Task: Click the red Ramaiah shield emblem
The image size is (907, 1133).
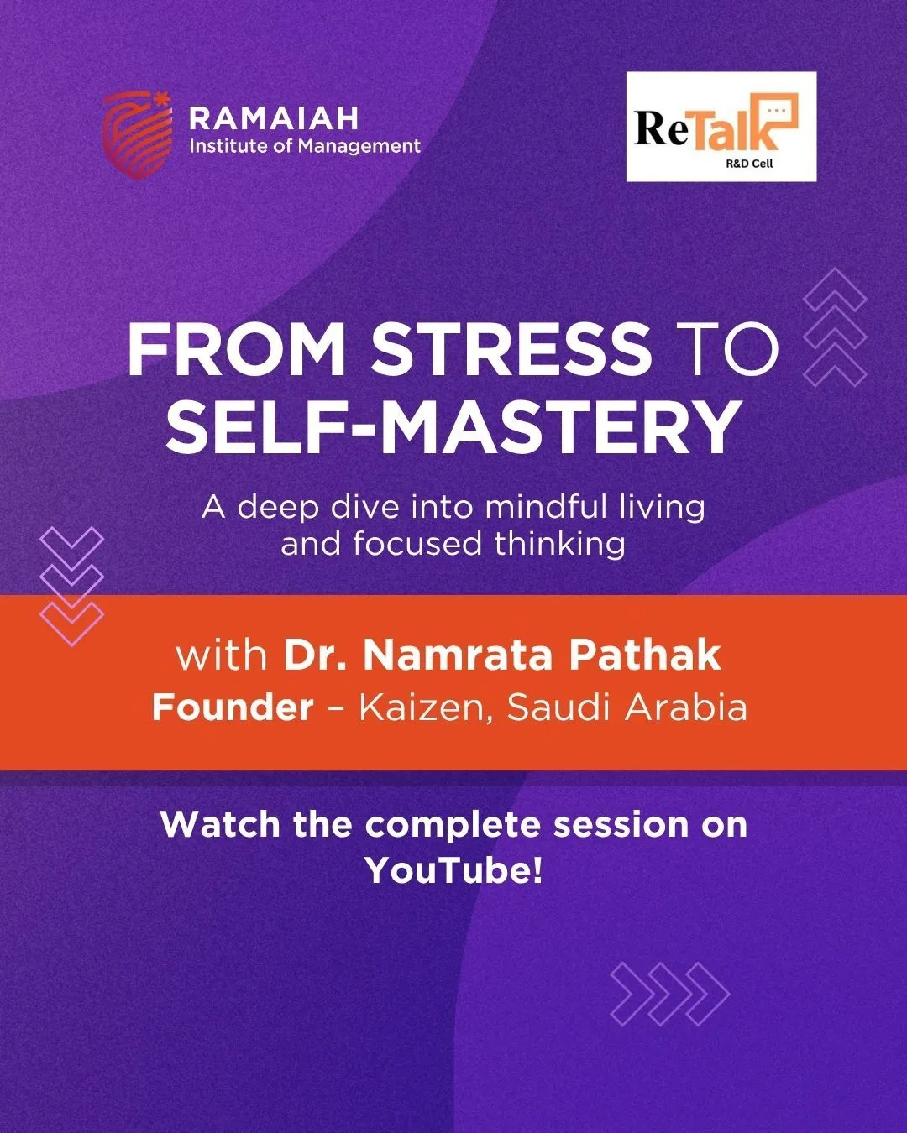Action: pos(137,135)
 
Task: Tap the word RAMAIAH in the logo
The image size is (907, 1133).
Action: pos(274,118)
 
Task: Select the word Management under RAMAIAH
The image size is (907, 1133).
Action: pos(359,147)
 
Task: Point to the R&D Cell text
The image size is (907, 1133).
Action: pos(749,164)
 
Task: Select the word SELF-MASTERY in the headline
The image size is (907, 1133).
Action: pos(452,427)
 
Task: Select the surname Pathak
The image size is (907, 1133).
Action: pos(646,655)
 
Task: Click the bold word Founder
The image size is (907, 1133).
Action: pos(233,707)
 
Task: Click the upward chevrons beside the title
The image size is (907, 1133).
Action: pos(836,327)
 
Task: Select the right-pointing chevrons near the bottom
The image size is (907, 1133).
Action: pos(670,994)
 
